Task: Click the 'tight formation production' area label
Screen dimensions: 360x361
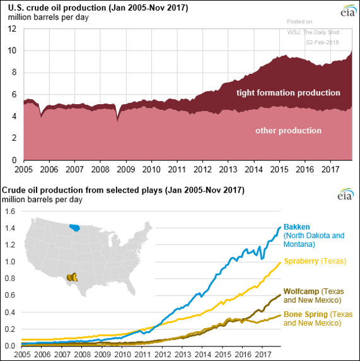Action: coord(288,93)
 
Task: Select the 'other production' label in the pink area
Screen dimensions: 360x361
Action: coord(288,131)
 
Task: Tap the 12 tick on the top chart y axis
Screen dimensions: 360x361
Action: coord(12,29)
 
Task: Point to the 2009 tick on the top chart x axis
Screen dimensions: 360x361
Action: coord(126,169)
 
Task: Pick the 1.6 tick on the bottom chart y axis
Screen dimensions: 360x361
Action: coord(10,211)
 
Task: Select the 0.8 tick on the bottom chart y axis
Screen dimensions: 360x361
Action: coord(10,278)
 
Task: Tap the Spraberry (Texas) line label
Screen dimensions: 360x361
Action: coord(315,261)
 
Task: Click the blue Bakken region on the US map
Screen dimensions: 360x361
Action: coord(74,228)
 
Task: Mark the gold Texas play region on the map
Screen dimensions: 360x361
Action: coord(72,277)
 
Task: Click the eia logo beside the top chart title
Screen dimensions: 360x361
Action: coord(348,11)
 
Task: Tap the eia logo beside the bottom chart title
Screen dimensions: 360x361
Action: coord(345,194)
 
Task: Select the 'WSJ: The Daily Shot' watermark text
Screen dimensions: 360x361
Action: coord(313,32)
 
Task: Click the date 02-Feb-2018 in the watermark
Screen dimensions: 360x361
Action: coord(323,42)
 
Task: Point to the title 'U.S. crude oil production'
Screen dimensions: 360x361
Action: coord(57,8)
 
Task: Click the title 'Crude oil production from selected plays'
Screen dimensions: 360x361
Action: coord(82,191)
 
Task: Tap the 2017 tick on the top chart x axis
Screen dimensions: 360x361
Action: coord(330,169)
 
